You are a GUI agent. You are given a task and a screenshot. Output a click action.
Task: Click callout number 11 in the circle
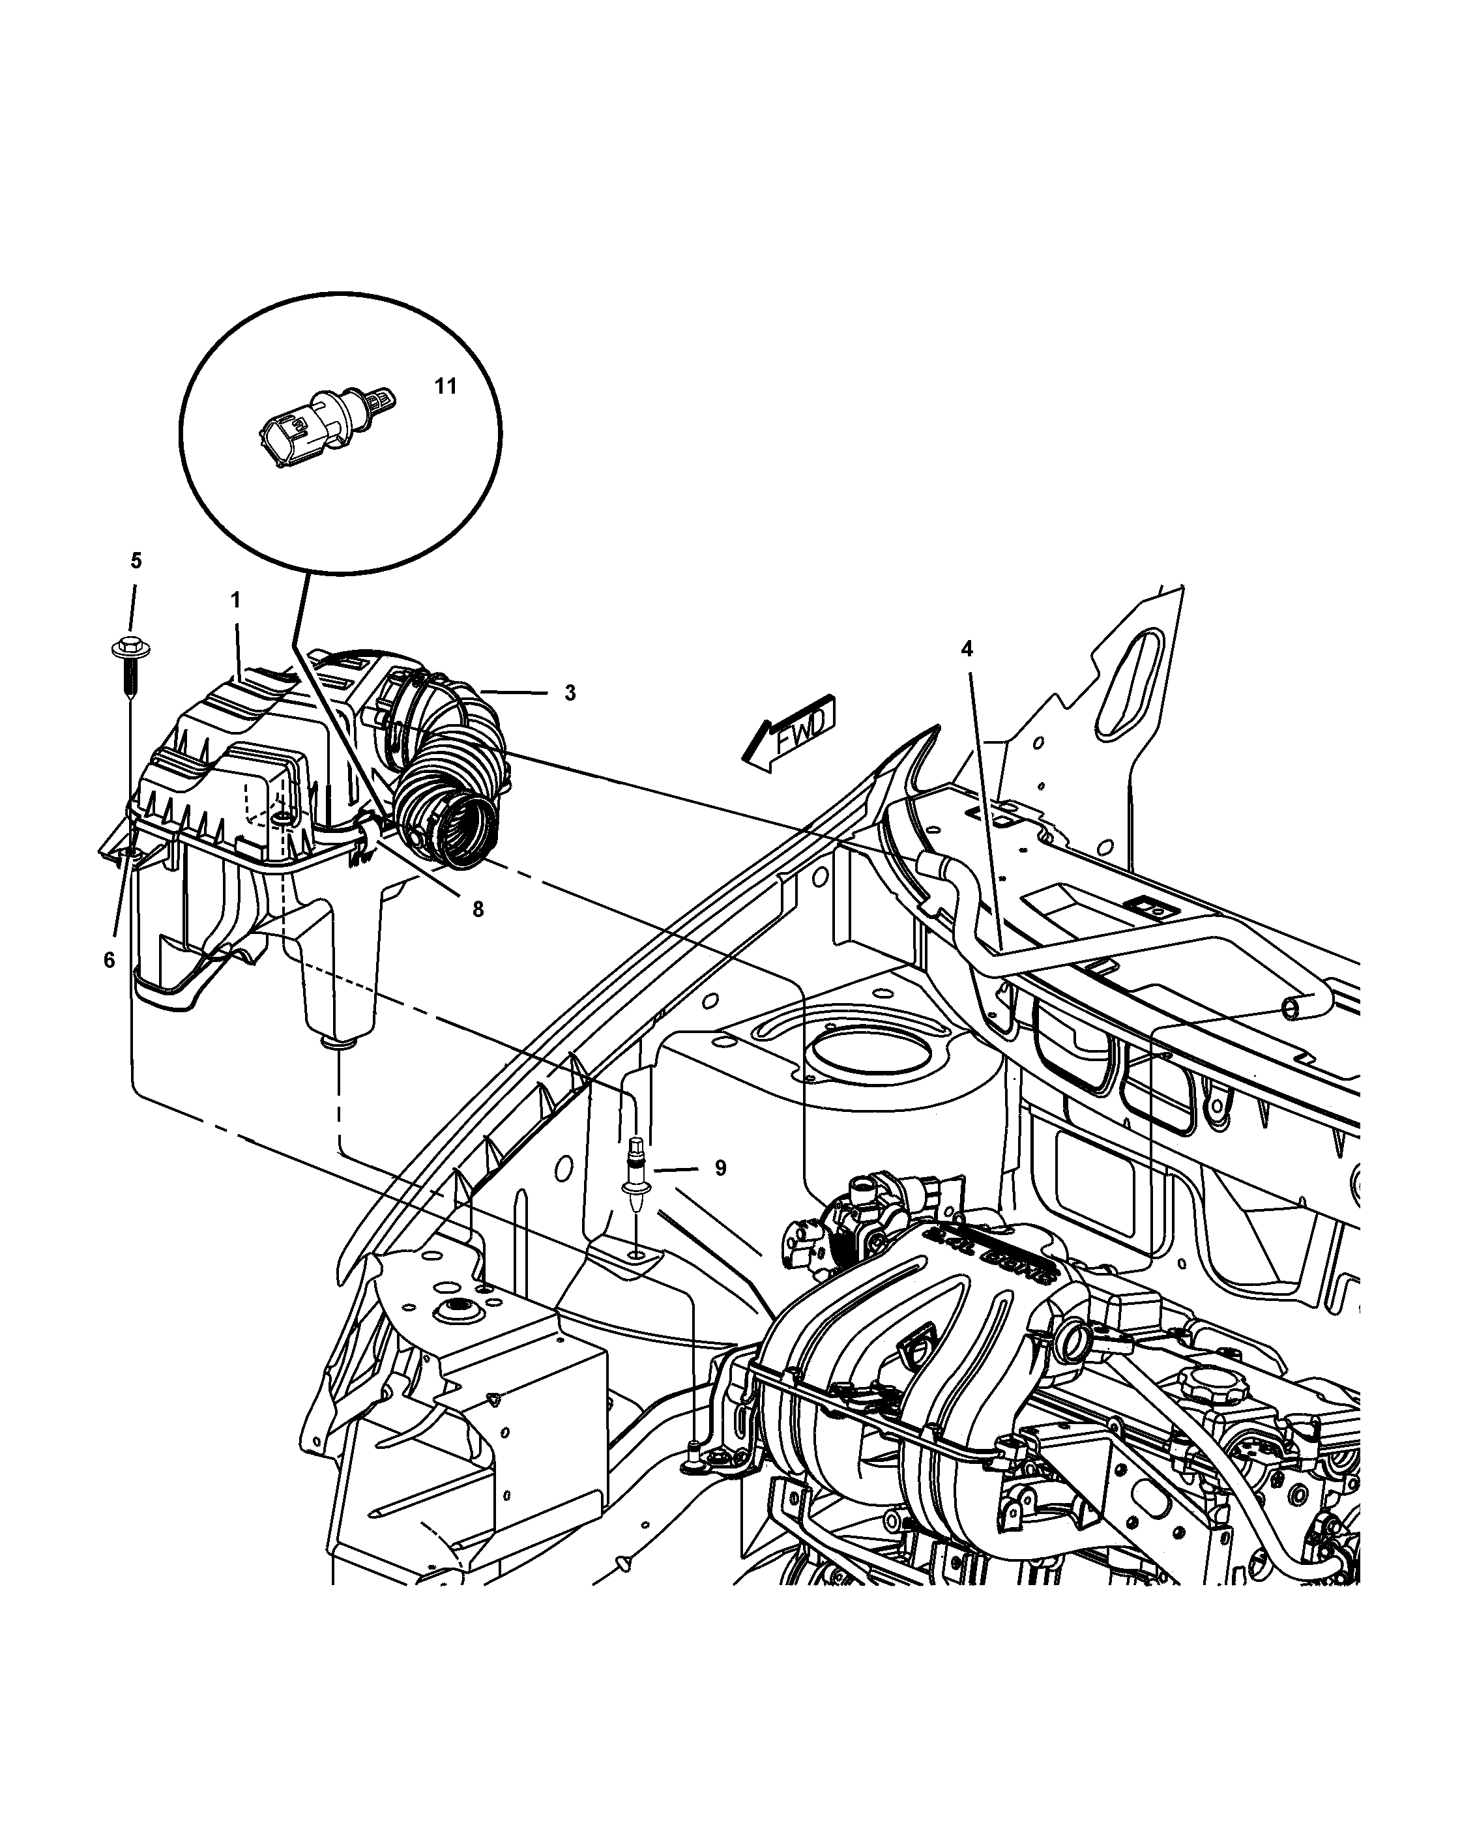(x=445, y=387)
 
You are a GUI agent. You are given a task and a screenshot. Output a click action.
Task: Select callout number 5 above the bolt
(x=136, y=561)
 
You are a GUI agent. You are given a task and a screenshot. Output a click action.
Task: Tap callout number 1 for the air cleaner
(x=235, y=600)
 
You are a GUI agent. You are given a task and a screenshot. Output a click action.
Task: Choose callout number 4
(x=967, y=649)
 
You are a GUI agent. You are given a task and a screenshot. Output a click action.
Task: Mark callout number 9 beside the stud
(x=720, y=1168)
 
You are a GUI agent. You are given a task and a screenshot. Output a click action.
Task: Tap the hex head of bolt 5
(x=130, y=649)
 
